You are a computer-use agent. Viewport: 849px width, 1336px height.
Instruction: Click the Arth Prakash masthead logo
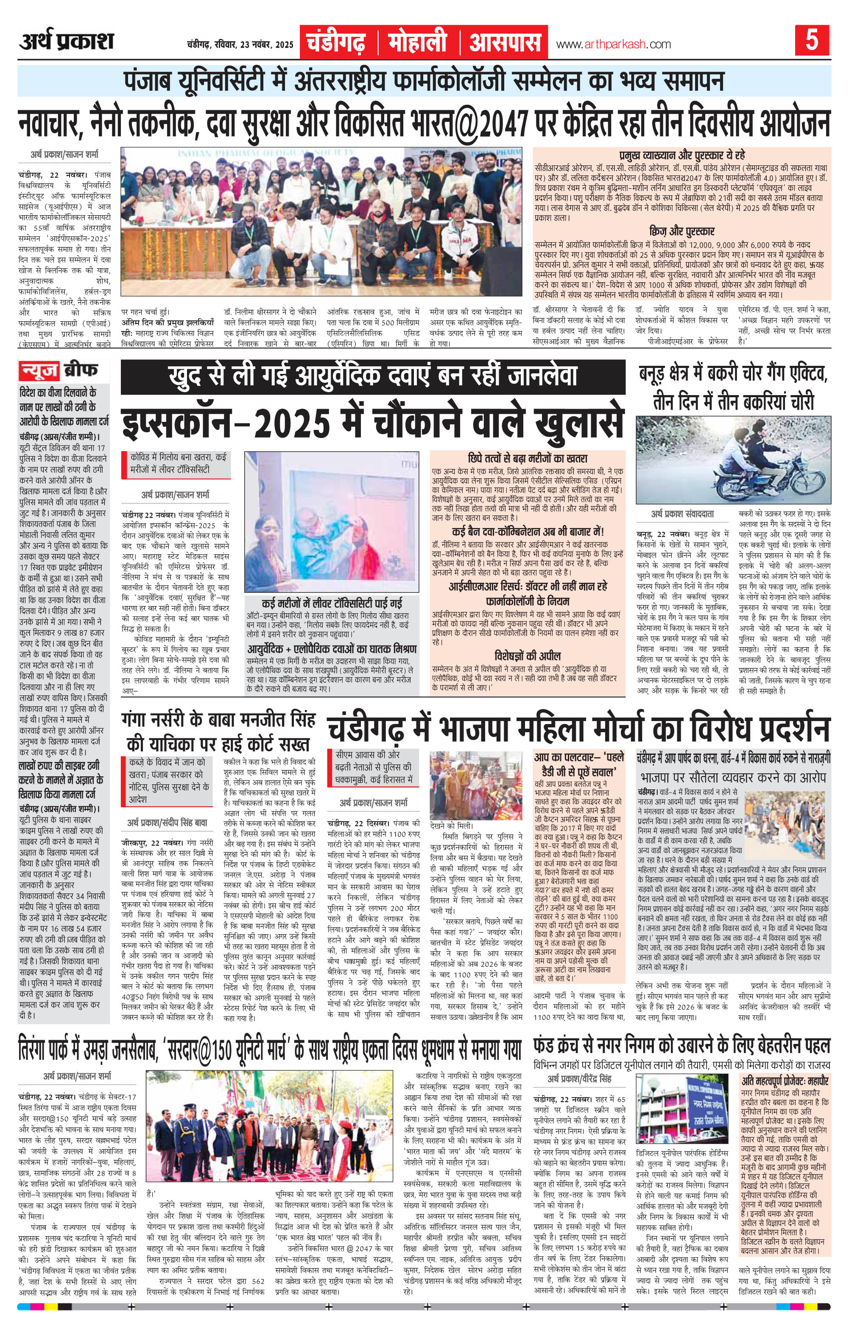pyautogui.click(x=67, y=42)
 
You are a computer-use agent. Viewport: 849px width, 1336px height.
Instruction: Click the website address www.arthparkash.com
pyautogui.click(x=613, y=44)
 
